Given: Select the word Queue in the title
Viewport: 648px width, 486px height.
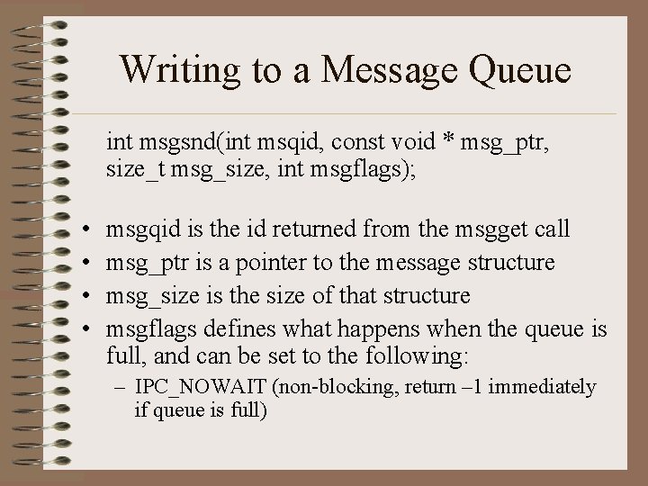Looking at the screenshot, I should [521, 71].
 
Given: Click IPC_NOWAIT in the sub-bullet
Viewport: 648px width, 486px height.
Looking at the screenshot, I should [193, 388].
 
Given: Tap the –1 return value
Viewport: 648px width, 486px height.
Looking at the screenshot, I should [469, 388].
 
